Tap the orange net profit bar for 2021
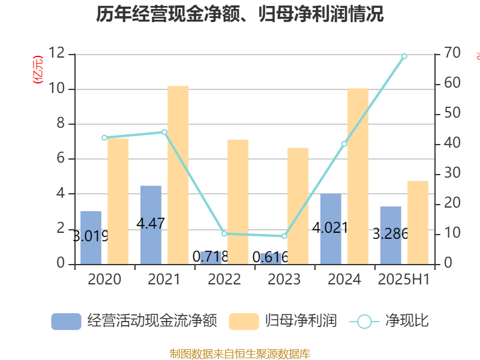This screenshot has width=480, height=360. pyautogui.click(x=178, y=175)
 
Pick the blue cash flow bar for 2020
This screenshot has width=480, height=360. pyautogui.click(x=91, y=237)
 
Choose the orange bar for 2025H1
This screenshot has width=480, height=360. pyautogui.click(x=418, y=222)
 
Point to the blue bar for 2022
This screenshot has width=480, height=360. pyautogui.click(x=211, y=257)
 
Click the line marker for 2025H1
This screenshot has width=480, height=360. pyautogui.click(x=404, y=56)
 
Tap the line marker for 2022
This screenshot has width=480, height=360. pyautogui.click(x=224, y=233)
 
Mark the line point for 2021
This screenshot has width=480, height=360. pyautogui.click(x=164, y=132)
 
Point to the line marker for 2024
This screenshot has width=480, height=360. pyautogui.click(x=344, y=143)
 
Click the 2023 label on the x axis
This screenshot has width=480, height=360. pyautogui.click(x=284, y=279)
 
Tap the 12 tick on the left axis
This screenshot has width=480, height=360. pyautogui.click(x=56, y=54)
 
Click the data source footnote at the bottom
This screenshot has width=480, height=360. pyautogui.click(x=240, y=353)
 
